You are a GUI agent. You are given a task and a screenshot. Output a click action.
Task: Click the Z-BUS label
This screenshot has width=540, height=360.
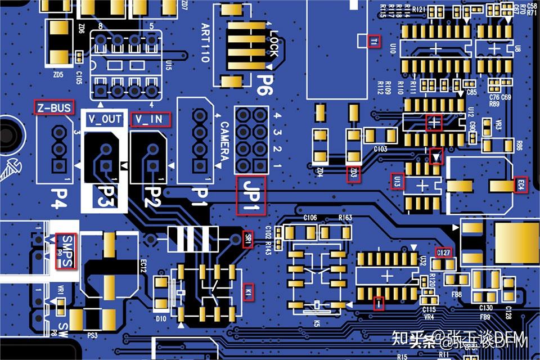point(53,108)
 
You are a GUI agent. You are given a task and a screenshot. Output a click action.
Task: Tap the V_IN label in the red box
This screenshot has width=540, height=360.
point(150,119)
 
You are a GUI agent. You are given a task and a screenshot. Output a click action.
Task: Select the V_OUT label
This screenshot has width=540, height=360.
point(105,119)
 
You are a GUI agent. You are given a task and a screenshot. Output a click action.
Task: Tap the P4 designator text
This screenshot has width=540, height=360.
point(58,197)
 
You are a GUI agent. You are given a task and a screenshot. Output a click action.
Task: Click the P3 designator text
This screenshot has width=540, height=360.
point(105,196)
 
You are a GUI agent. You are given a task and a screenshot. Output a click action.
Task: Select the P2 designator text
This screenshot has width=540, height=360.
point(149,196)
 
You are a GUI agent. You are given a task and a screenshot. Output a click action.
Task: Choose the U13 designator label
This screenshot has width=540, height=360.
point(397,182)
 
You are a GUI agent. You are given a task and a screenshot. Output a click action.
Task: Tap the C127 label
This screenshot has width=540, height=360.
point(444,253)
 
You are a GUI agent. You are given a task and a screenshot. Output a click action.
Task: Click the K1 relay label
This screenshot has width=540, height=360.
point(248,292)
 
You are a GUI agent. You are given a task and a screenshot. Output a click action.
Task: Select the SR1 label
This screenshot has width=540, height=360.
point(247,238)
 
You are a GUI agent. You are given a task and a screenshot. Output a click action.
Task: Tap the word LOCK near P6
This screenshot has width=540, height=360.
point(273,43)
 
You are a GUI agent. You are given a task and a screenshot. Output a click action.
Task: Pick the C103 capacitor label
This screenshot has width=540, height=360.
point(380,149)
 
